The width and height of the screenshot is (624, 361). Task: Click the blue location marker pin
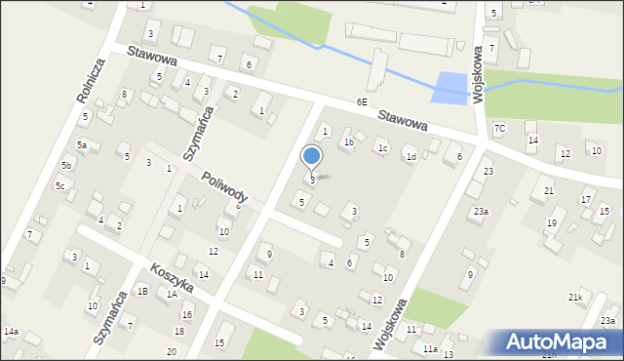coord(312,157)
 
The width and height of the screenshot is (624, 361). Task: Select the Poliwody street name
coord(225,186)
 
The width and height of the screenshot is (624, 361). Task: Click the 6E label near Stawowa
coord(362,101)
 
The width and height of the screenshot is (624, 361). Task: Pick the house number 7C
coord(500,128)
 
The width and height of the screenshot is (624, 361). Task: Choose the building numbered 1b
coord(347,142)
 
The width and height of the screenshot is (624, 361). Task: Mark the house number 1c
coord(383,148)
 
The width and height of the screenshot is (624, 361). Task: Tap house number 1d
coord(411,156)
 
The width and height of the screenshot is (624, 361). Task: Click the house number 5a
coord(83,145)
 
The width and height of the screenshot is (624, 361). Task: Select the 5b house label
coord(66,167)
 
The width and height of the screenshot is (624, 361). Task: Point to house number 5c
coord(59,185)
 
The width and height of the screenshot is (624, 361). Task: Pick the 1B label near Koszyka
coord(142,291)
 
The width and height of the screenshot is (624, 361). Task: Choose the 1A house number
coord(172,294)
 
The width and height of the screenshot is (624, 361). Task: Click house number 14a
coord(11,332)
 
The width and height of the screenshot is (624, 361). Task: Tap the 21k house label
coord(576,297)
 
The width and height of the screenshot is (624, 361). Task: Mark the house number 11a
coord(430,348)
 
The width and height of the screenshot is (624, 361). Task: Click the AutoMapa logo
coord(563,342)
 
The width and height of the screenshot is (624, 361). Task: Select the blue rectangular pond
coord(448,88)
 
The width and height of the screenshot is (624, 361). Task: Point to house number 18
coord(179,333)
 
